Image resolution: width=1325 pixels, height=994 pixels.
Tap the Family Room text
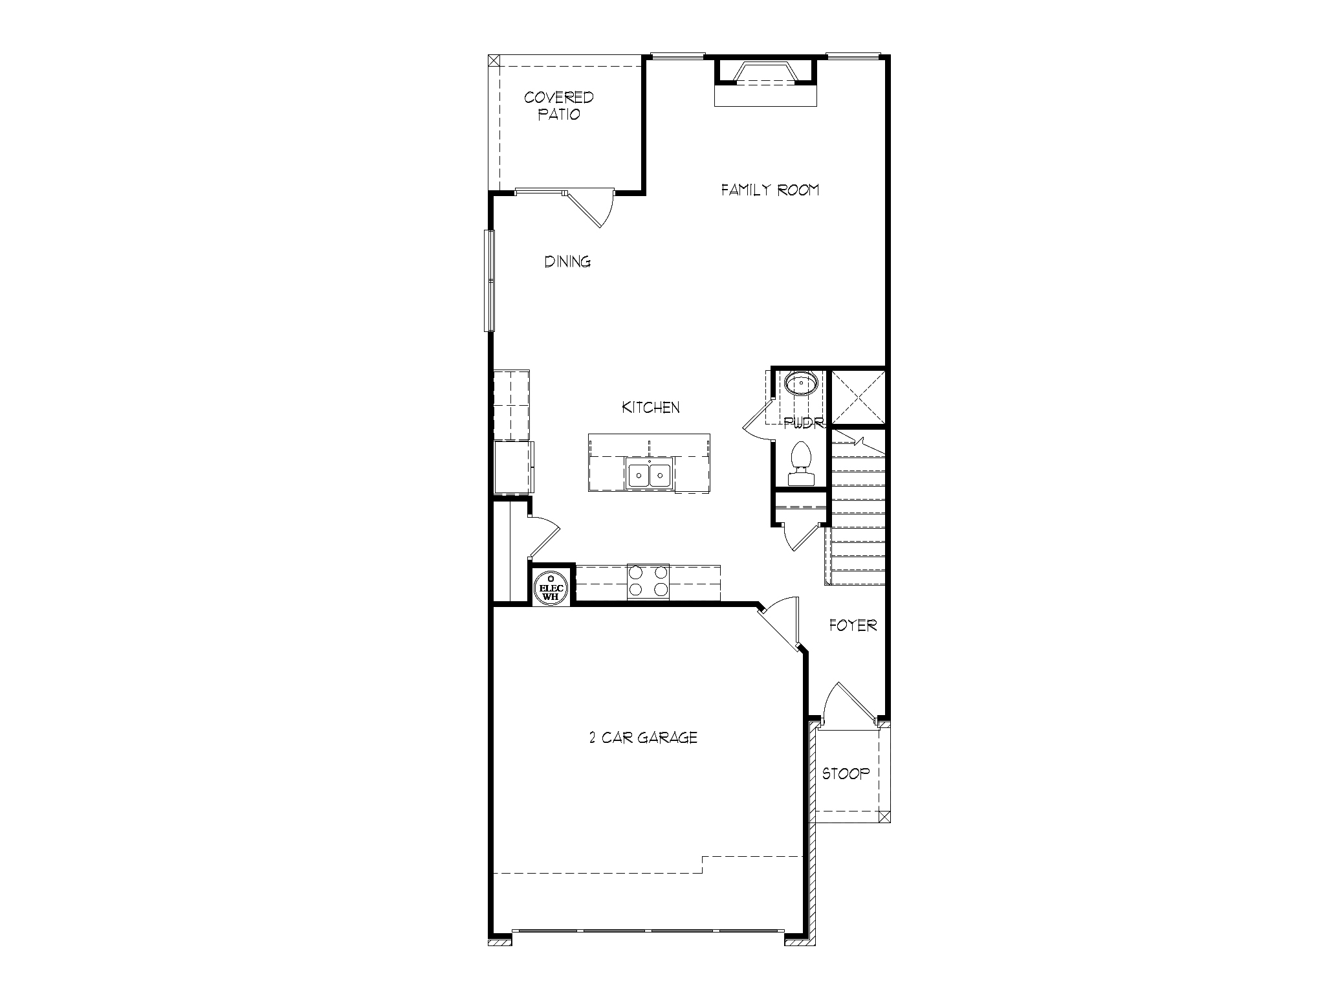click(770, 190)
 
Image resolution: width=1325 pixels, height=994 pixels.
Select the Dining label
click(567, 262)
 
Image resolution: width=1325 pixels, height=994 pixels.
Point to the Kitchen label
click(650, 408)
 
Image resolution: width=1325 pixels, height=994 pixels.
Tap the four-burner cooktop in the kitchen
click(648, 581)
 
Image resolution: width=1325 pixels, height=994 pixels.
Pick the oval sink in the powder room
click(801, 384)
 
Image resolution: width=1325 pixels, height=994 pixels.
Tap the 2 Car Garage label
click(643, 738)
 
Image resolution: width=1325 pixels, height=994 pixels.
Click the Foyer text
click(853, 626)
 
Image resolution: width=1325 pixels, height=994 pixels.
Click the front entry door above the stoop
click(849, 702)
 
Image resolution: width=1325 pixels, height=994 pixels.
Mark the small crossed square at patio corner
click(494, 61)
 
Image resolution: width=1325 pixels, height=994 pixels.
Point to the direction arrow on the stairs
click(857, 443)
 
